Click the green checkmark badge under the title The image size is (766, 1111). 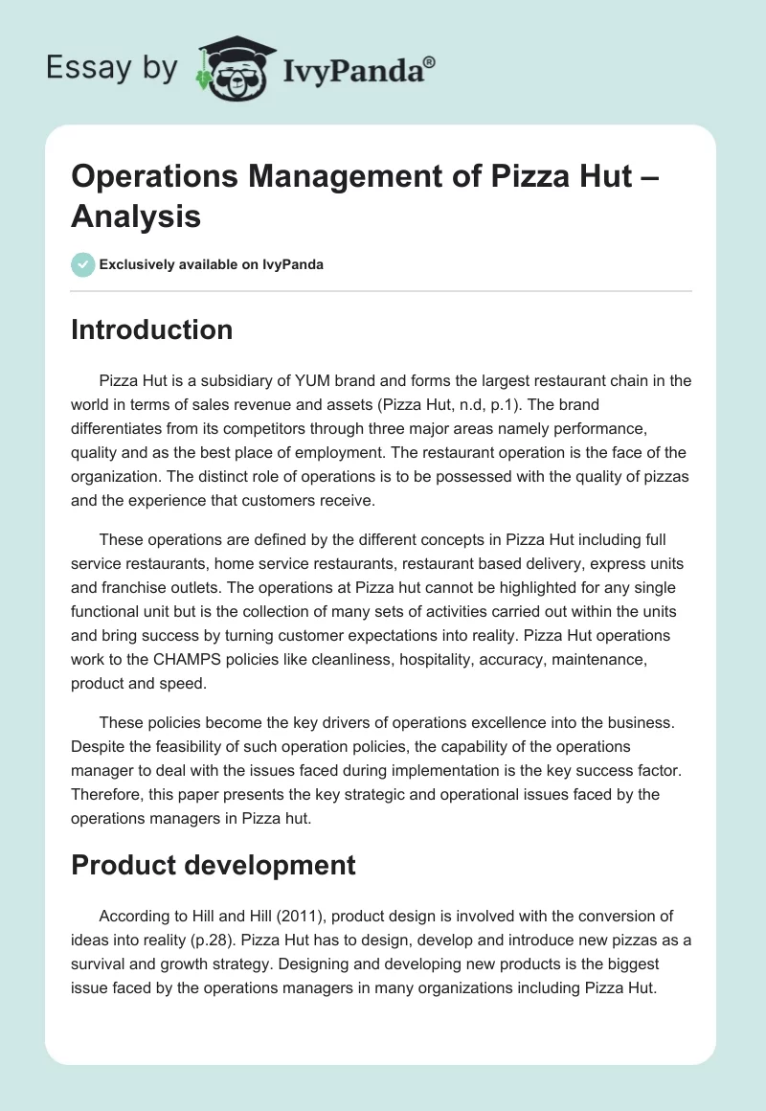(x=83, y=264)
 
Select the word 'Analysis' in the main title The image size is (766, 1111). (x=136, y=215)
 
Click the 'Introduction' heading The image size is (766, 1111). (x=152, y=329)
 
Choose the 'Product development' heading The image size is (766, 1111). (x=214, y=865)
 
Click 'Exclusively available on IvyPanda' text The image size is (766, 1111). (x=212, y=264)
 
